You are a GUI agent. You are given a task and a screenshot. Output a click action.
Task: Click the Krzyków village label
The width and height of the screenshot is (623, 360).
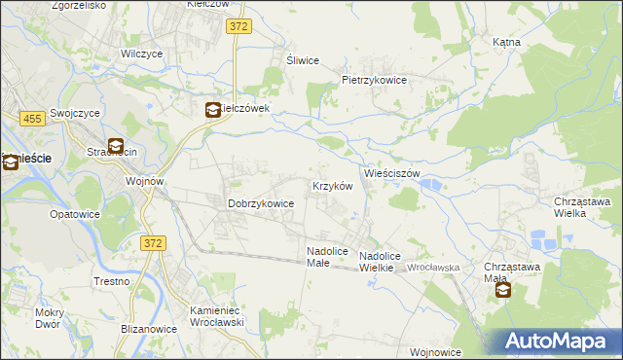tap(331, 186)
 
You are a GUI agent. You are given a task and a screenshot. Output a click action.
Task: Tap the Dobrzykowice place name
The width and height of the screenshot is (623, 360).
tap(261, 204)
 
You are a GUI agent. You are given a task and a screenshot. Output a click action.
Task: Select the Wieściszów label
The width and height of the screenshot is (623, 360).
tap(391, 173)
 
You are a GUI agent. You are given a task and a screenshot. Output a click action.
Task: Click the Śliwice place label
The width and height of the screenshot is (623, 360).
tap(303, 60)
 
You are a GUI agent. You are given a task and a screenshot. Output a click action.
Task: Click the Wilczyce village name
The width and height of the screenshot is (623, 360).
tap(139, 54)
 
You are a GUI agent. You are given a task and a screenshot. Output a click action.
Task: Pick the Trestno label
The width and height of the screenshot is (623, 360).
tap(113, 281)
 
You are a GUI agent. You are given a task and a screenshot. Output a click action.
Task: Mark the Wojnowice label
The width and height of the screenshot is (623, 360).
tap(435, 352)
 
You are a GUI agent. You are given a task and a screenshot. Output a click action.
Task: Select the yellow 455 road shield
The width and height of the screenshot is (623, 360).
tap(31, 118)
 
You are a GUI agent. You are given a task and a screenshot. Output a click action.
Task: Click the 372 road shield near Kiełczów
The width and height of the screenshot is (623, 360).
tap(239, 26)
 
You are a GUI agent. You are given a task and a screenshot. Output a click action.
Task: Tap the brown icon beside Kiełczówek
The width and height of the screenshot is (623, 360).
tap(212, 111)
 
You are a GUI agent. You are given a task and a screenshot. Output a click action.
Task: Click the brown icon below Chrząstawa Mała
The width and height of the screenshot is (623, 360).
tap(502, 289)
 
